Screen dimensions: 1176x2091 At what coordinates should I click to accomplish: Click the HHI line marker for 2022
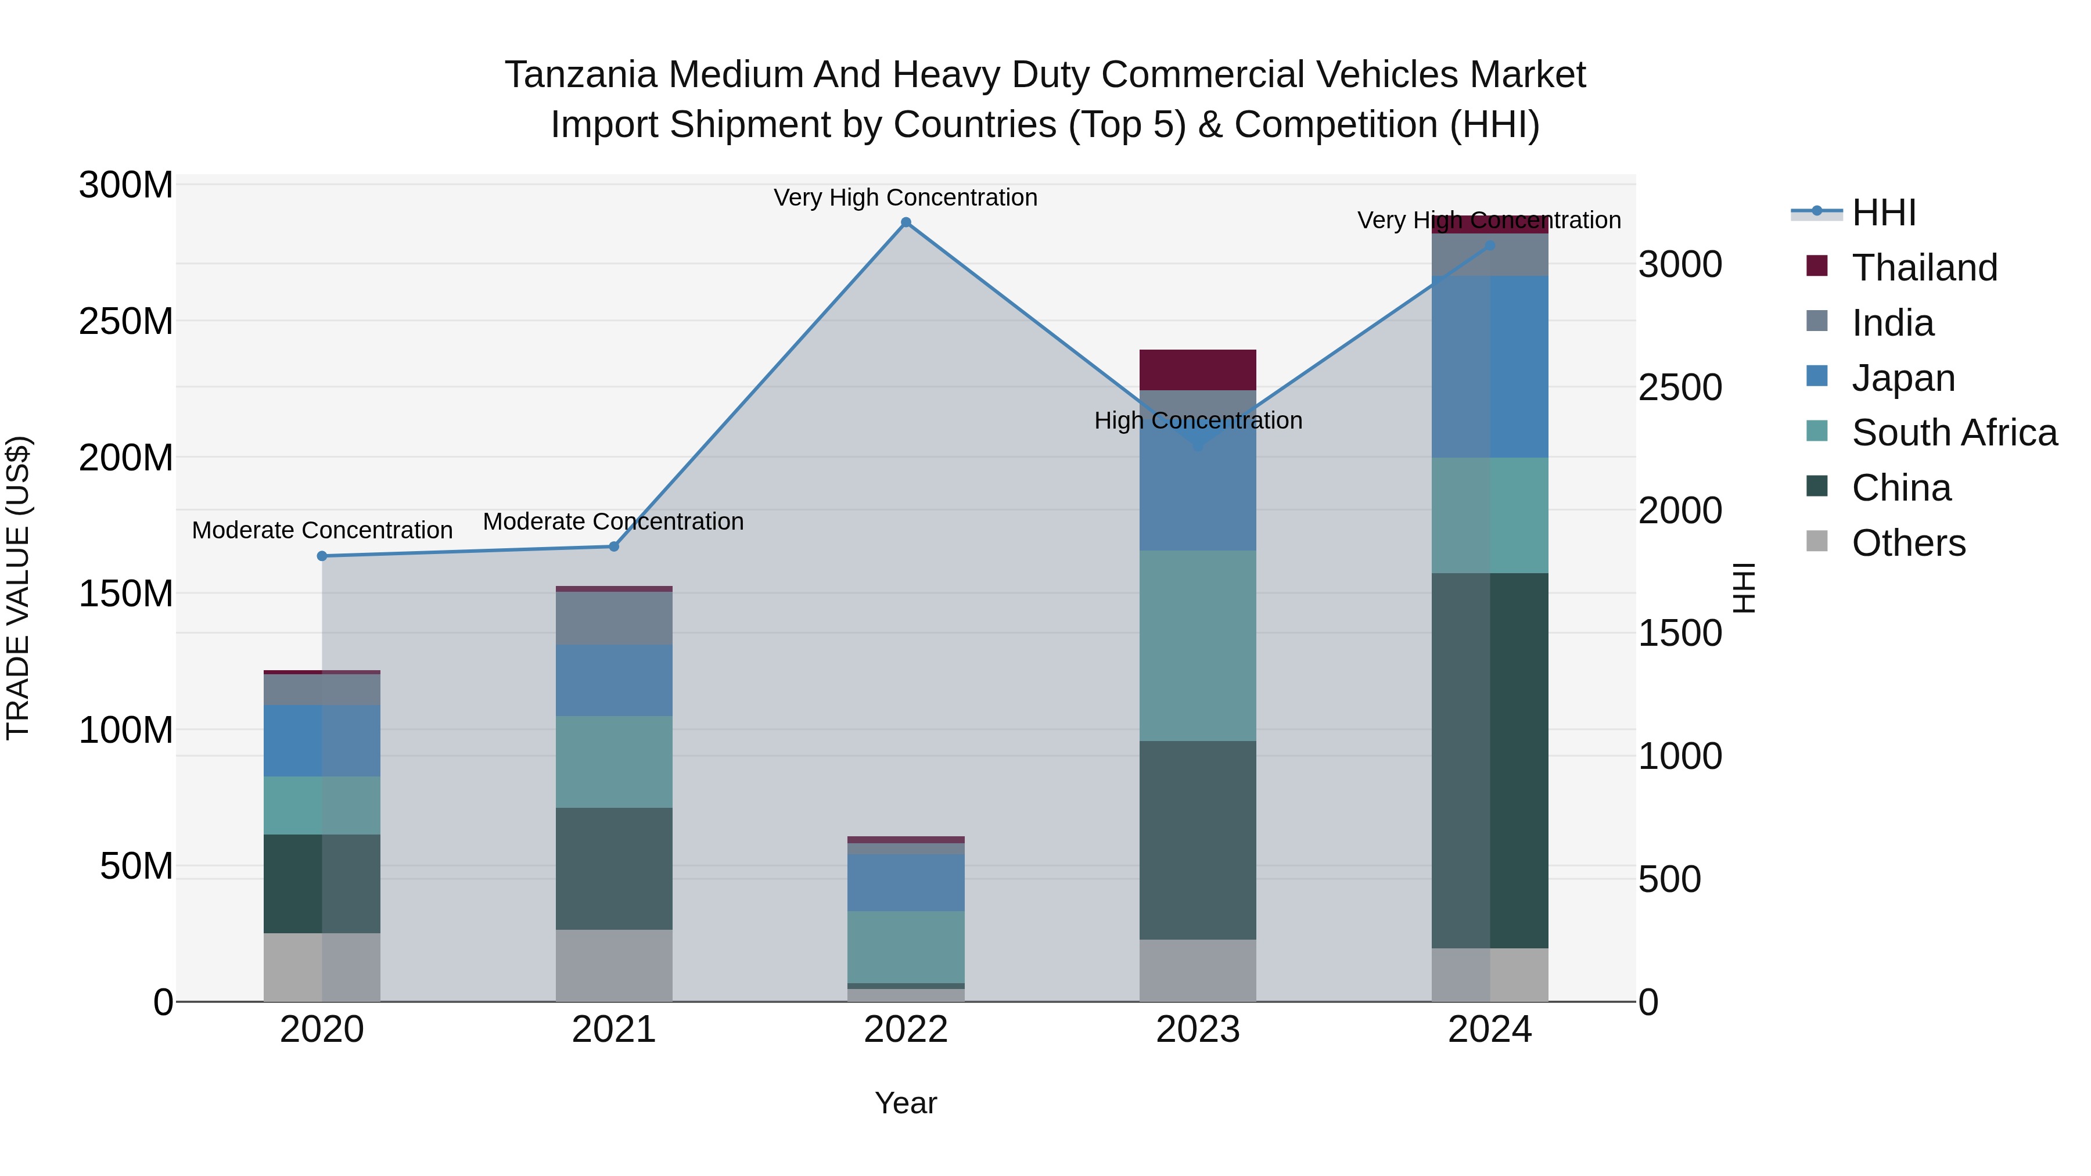906,222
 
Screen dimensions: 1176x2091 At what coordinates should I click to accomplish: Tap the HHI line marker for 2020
322,556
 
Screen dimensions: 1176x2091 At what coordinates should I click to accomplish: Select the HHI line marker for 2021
614,546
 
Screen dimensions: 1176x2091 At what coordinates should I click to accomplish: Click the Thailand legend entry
1923,268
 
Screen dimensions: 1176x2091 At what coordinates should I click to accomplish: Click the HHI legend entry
1883,213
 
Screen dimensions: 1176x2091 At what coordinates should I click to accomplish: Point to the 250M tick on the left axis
126,321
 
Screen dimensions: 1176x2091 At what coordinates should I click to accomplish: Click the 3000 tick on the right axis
1679,265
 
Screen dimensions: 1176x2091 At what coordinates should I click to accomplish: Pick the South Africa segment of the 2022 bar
906,947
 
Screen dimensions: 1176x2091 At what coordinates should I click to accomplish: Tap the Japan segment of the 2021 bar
614,680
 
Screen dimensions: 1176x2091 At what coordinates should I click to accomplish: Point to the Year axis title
906,1103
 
